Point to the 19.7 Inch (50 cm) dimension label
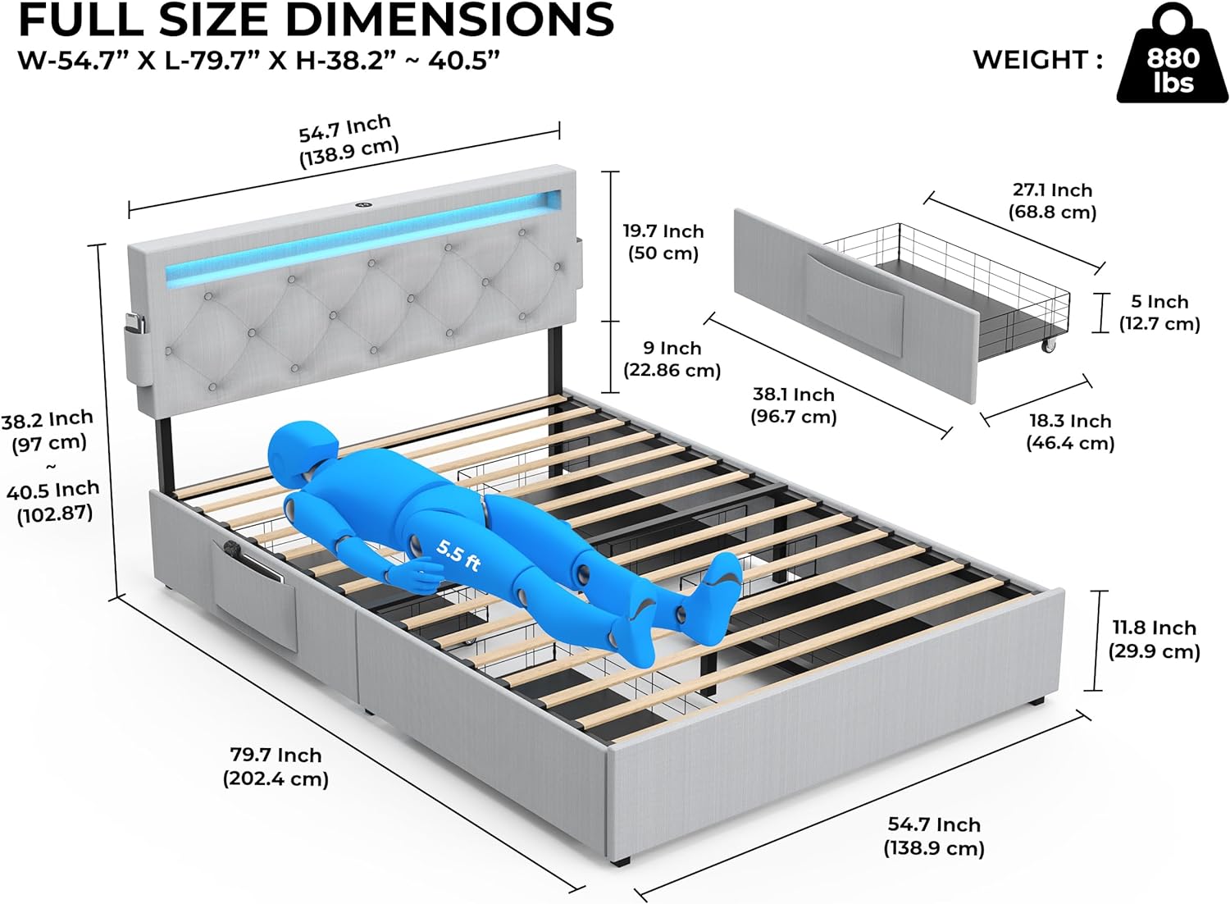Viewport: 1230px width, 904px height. click(663, 242)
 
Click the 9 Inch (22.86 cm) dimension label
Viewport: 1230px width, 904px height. click(672, 358)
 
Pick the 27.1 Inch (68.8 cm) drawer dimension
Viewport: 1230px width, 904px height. click(1053, 201)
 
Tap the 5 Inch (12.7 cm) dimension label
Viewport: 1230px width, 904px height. click(1159, 313)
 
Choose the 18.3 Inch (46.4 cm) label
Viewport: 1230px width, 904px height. click(1070, 432)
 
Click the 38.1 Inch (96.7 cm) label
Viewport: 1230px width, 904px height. click(794, 405)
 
